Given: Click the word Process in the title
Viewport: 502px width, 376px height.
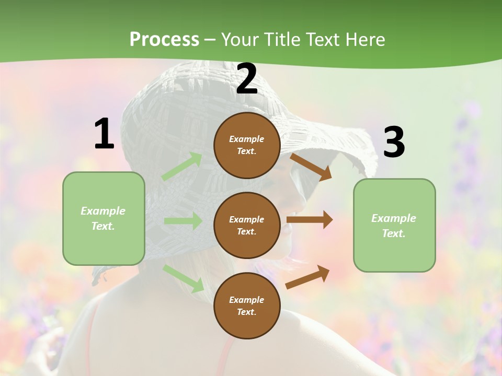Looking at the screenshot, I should pyautogui.click(x=164, y=40).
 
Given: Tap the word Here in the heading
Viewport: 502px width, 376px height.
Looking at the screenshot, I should pyautogui.click(x=364, y=40).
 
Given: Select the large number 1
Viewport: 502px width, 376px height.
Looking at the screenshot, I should pyautogui.click(x=104, y=134).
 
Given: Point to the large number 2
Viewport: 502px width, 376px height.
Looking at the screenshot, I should pyautogui.click(x=247, y=79).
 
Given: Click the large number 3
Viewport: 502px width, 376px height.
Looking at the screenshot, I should pyautogui.click(x=394, y=142).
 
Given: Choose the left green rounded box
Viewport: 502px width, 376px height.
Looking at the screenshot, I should pyautogui.click(x=104, y=218).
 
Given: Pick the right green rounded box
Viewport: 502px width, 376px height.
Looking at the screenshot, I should pyautogui.click(x=394, y=226).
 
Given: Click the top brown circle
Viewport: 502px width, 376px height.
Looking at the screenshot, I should pyautogui.click(x=247, y=145).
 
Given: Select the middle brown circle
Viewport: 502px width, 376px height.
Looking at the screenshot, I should pyautogui.click(x=247, y=226).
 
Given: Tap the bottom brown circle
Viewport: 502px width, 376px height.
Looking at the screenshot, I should pyautogui.click(x=247, y=306).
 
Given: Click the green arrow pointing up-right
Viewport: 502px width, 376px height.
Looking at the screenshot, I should pyautogui.click(x=182, y=167).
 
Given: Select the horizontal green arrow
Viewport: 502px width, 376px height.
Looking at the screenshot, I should pyautogui.click(x=183, y=221).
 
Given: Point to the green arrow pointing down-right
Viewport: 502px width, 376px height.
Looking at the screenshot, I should pyautogui.click(x=184, y=278).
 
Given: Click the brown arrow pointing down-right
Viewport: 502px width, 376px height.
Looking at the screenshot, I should pyautogui.click(x=311, y=167).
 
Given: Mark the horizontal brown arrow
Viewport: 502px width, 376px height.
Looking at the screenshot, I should pyautogui.click(x=310, y=220).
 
